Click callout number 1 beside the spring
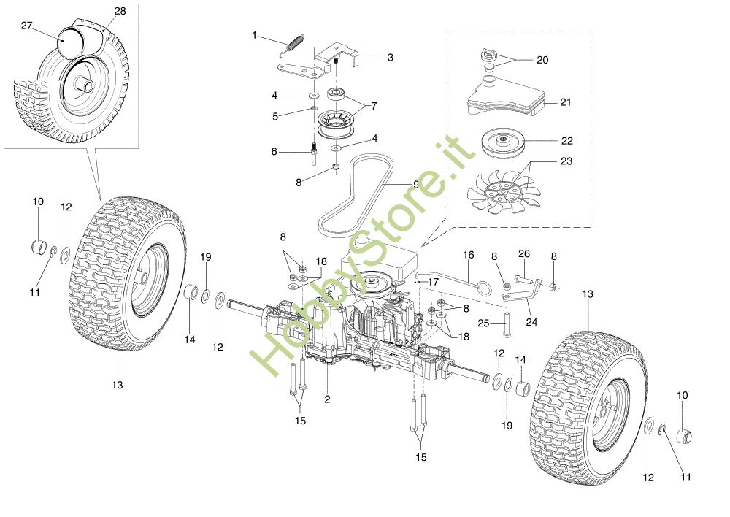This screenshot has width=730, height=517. (255, 35)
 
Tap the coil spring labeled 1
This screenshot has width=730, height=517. (293, 45)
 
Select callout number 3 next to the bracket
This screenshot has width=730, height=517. (390, 57)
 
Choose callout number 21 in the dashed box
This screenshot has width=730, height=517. (565, 102)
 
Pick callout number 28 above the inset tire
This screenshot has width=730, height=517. (120, 12)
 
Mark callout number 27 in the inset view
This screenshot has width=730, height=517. (26, 26)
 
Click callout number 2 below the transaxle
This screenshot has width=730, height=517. (327, 399)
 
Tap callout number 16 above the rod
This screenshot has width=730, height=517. (468, 255)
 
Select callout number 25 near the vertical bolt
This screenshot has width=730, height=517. (483, 322)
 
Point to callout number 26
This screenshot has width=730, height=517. (523, 253)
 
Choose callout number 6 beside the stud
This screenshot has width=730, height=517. (274, 151)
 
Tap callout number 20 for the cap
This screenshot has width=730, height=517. (542, 60)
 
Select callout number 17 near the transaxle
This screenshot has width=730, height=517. (433, 281)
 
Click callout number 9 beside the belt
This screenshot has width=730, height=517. (415, 185)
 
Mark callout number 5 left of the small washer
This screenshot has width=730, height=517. (275, 115)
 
